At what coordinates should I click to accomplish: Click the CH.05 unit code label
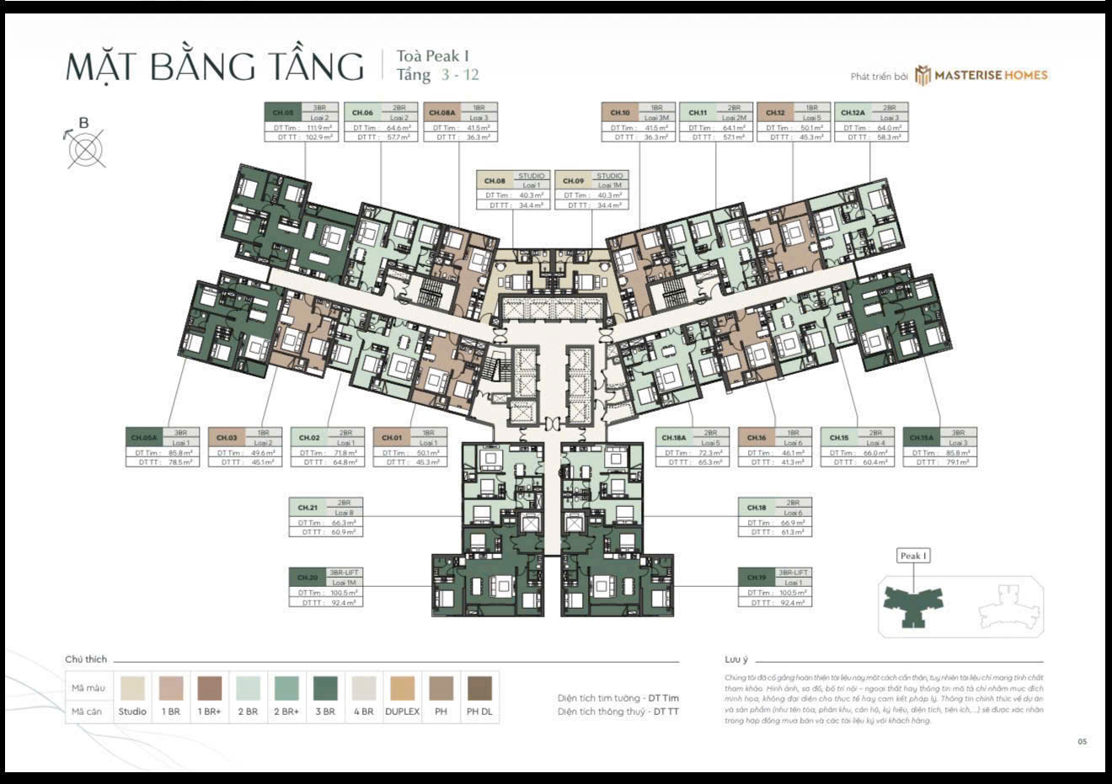[283, 113]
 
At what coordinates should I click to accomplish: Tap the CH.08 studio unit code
[495, 181]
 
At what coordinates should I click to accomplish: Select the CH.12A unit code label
[852, 113]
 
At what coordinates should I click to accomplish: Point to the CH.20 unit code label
[307, 578]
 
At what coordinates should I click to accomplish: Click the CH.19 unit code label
[756, 578]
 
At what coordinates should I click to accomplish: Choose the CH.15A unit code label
[921, 438]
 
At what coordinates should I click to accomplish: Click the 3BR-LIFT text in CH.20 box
[344, 573]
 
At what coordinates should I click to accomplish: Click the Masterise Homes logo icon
[923, 76]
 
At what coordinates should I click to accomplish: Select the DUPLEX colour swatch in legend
[402, 688]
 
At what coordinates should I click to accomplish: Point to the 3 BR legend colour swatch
[325, 688]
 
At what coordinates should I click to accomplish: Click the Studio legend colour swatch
[132, 688]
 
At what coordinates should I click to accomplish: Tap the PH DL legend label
[479, 712]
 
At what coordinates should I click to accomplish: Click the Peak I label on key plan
[913, 556]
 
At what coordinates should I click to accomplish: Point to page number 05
[1083, 742]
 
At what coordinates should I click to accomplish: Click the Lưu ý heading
[736, 660]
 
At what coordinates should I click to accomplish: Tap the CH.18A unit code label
[674, 438]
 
